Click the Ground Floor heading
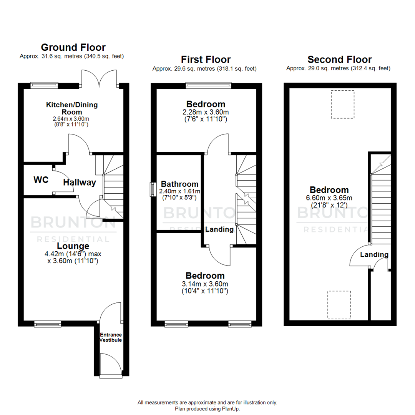[x=73, y=47]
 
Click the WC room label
[x=41, y=180]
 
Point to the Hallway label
[x=80, y=183]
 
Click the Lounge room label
[x=73, y=246]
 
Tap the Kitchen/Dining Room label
[x=72, y=108]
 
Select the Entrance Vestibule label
[x=111, y=337]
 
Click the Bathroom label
[x=179, y=184]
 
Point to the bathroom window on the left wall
[x=152, y=189]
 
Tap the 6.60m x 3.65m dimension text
[x=329, y=198]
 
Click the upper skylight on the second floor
[x=342, y=104]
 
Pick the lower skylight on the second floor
[x=339, y=305]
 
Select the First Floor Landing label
[x=219, y=229]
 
